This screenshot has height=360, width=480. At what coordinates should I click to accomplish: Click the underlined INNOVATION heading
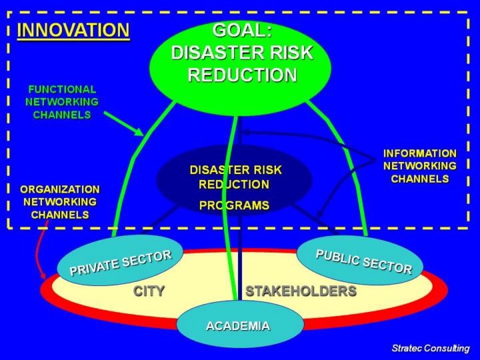(x=73, y=31)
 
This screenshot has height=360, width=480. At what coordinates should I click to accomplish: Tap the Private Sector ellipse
(x=120, y=261)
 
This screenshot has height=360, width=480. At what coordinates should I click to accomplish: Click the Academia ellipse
(x=238, y=326)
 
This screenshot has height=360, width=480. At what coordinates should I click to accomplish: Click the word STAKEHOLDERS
(x=301, y=291)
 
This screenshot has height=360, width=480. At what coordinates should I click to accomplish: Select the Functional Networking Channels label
(x=61, y=101)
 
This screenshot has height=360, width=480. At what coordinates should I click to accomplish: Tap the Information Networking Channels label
(x=419, y=166)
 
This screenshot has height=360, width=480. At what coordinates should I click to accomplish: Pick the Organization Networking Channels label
(x=59, y=202)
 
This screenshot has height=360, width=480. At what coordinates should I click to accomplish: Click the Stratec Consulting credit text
(x=430, y=348)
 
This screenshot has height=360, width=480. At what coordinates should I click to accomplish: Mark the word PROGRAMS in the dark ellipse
(x=234, y=205)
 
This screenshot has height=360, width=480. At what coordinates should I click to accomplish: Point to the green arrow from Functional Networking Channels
(x=124, y=123)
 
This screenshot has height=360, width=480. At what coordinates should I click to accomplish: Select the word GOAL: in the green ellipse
(x=241, y=31)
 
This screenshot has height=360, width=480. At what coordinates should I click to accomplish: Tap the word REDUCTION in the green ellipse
(x=241, y=75)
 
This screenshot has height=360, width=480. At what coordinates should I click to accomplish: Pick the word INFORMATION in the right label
(x=420, y=153)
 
